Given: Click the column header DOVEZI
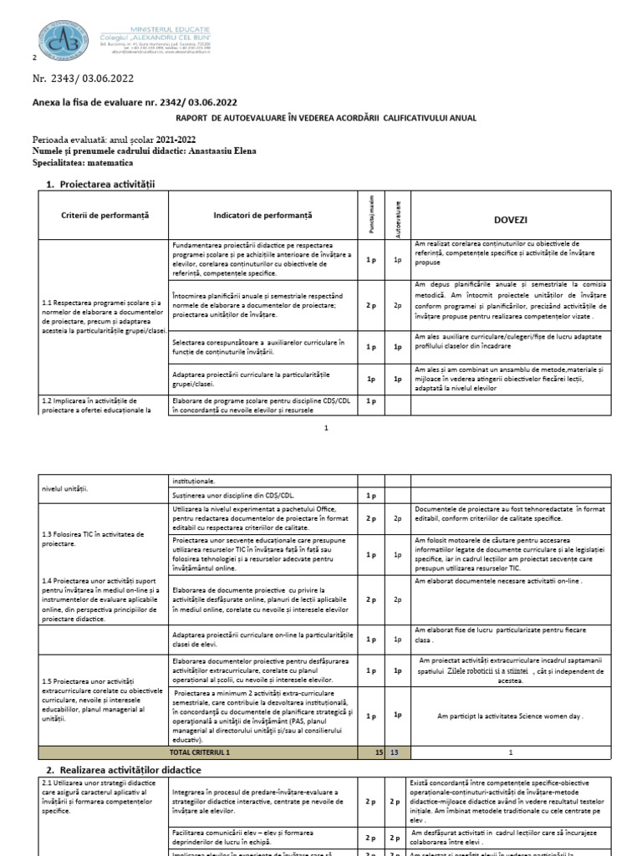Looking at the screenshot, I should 511,219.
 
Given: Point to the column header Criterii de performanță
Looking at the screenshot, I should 104,216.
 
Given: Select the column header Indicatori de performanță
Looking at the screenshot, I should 262,216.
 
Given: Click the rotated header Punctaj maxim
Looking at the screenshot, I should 371,216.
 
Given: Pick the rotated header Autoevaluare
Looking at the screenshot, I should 399,216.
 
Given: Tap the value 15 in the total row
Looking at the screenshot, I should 379,752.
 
